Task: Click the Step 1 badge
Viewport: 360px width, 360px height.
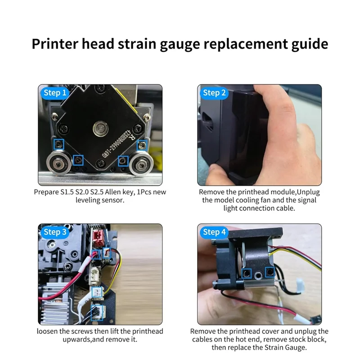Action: coord(55,93)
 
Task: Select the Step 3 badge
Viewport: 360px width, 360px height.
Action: coord(55,232)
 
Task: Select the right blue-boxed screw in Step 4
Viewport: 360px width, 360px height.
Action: coord(270,271)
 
